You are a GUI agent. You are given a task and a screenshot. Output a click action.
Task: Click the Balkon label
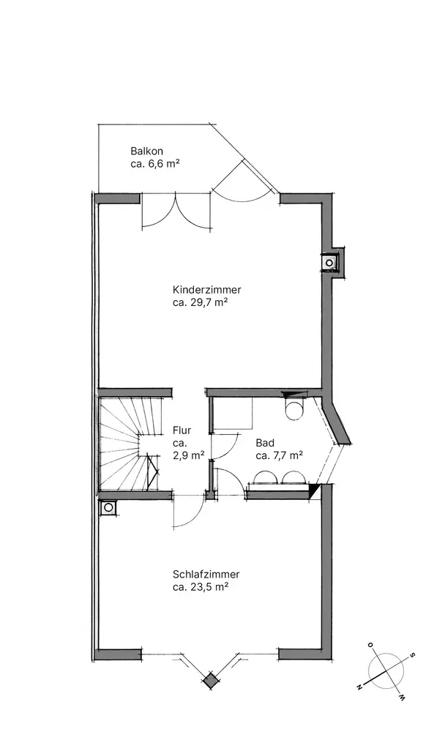point(146,152)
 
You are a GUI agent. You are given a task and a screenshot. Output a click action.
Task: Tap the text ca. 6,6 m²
point(155,164)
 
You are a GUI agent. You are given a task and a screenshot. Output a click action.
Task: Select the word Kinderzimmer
point(207,289)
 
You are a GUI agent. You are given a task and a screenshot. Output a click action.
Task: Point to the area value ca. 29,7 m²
point(200,302)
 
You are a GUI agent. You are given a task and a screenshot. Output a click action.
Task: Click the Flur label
point(182,430)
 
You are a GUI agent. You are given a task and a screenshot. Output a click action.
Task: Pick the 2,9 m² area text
point(188,455)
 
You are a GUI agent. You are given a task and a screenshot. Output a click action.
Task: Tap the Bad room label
point(265,443)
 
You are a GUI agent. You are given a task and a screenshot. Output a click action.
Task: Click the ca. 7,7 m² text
point(280,455)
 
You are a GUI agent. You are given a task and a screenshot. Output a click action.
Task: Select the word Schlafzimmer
point(206,574)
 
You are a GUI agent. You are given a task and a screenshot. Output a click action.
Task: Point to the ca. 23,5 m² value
point(201,587)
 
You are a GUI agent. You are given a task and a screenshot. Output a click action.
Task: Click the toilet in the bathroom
point(293,408)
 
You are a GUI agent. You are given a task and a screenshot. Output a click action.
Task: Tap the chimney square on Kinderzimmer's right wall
point(329,263)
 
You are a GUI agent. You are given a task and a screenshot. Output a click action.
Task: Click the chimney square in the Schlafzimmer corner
point(108,507)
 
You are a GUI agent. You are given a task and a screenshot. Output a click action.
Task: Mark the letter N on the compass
point(359,687)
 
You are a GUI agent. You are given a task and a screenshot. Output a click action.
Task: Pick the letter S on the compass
point(412,655)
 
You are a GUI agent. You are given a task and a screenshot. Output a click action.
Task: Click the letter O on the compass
point(370,645)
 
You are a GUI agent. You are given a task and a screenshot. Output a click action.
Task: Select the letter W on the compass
point(401,697)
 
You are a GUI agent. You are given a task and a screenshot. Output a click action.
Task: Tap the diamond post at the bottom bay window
point(211,679)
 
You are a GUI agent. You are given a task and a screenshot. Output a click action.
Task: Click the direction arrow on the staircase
point(152,471)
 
